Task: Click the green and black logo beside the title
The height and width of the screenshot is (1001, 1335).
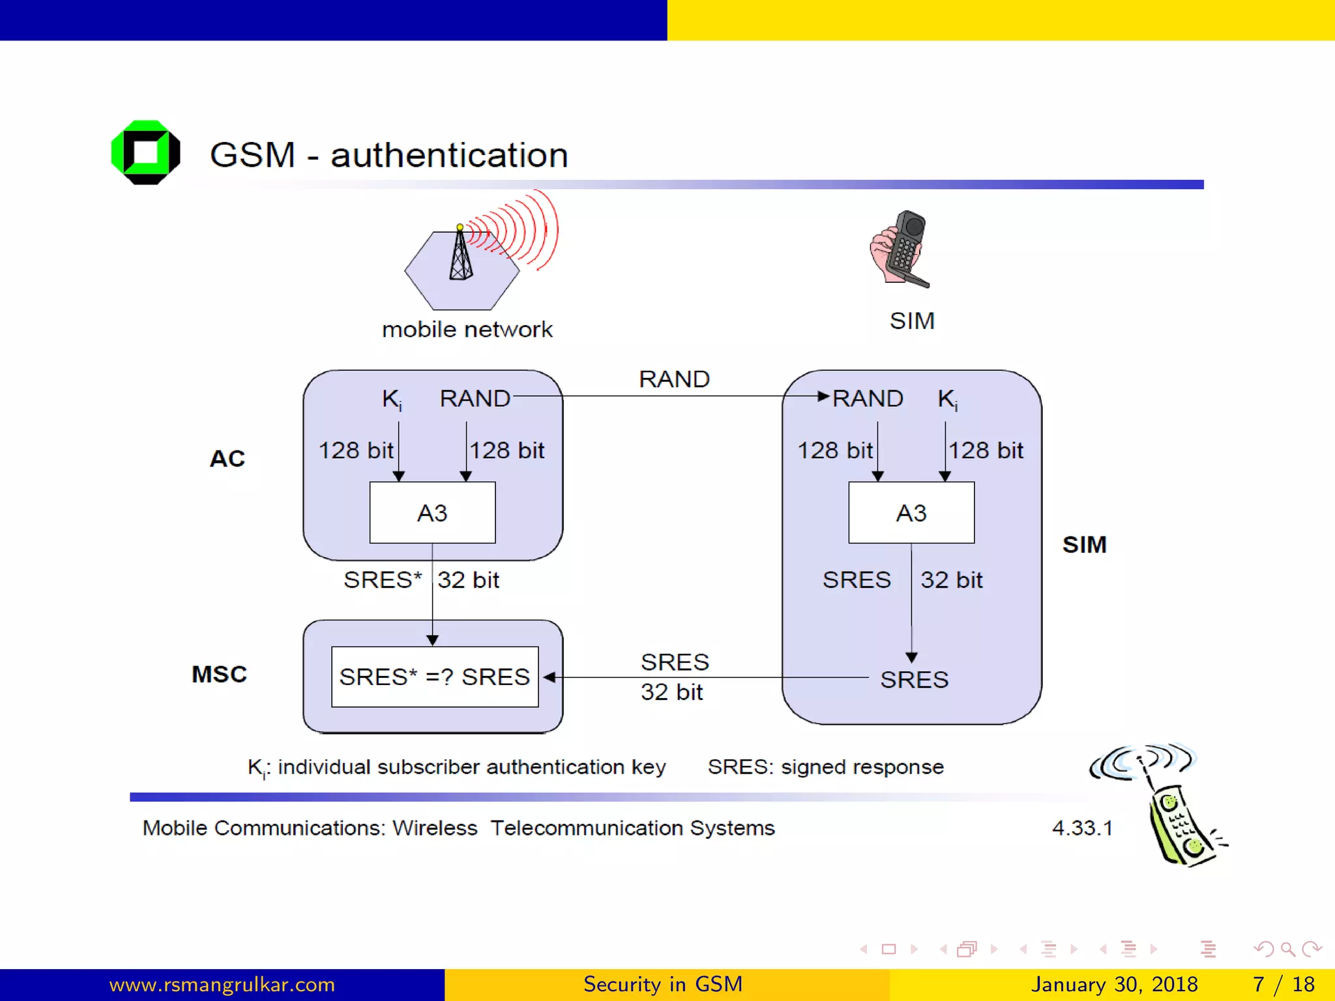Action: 145,152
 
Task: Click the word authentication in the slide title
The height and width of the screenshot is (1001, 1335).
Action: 449,156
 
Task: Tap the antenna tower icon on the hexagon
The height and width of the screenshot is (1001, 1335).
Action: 461,255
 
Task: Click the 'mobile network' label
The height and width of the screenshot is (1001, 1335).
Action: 467,330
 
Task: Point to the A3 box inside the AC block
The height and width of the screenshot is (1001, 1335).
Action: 432,513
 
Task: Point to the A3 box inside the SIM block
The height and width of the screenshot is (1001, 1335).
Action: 911,513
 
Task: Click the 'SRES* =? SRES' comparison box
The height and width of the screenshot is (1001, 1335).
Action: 435,676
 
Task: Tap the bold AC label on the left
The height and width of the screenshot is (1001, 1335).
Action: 227,459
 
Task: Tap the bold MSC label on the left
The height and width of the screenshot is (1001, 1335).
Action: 220,674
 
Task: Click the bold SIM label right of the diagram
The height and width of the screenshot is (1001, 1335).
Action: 1084,545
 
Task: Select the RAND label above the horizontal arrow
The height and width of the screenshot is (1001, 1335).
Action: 674,379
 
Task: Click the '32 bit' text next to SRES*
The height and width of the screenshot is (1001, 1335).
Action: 468,580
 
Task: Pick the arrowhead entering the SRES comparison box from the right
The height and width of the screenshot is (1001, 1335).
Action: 550,677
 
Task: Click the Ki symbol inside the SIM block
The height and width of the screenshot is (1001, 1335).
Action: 947,399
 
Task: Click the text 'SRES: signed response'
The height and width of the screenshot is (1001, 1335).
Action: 825,767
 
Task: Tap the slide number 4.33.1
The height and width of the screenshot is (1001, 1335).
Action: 1082,828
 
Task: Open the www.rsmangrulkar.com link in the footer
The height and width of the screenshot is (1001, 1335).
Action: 222,984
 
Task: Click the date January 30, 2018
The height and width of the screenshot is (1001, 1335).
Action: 1114,984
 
